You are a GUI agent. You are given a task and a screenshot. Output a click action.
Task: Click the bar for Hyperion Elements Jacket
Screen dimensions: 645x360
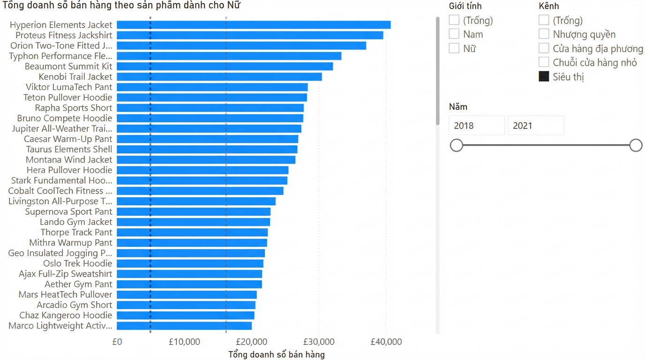254,25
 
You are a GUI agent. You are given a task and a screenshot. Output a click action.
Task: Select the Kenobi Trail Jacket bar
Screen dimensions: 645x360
219,76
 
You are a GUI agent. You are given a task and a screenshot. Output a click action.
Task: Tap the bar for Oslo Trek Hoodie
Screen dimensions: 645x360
190,263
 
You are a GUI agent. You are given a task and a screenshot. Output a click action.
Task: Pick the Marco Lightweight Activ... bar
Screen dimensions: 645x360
184,326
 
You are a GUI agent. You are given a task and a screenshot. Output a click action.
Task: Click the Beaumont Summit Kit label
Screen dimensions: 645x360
68,66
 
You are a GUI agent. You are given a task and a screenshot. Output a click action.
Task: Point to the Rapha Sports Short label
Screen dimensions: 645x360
74,108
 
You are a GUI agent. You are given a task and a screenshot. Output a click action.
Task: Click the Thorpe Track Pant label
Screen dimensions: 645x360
76,232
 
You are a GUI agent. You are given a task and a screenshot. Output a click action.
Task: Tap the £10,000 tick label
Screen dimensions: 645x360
184,342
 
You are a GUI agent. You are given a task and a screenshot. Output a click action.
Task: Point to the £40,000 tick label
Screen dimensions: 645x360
386,342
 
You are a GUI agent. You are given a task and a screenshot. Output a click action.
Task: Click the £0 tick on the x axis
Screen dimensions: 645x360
117,342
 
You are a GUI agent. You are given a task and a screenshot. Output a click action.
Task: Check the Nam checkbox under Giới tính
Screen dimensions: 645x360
454,34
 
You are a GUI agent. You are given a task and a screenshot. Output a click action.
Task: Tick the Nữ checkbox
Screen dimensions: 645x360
454,48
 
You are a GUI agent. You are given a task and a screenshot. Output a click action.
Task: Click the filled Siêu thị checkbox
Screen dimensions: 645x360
544,76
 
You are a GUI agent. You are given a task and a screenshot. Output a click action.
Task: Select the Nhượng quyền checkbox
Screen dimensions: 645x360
544,34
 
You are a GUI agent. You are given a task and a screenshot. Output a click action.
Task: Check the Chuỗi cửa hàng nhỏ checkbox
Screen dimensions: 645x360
544,62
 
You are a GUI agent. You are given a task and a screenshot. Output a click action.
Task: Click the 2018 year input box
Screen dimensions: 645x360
477,125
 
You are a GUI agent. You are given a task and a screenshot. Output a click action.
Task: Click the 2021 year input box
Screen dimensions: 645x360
536,125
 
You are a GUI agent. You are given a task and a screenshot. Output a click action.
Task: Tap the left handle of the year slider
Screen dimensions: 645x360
457,145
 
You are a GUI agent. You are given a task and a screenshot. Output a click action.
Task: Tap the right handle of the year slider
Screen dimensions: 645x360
636,145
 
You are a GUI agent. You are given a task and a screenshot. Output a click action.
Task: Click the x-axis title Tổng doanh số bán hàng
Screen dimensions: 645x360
277,354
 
